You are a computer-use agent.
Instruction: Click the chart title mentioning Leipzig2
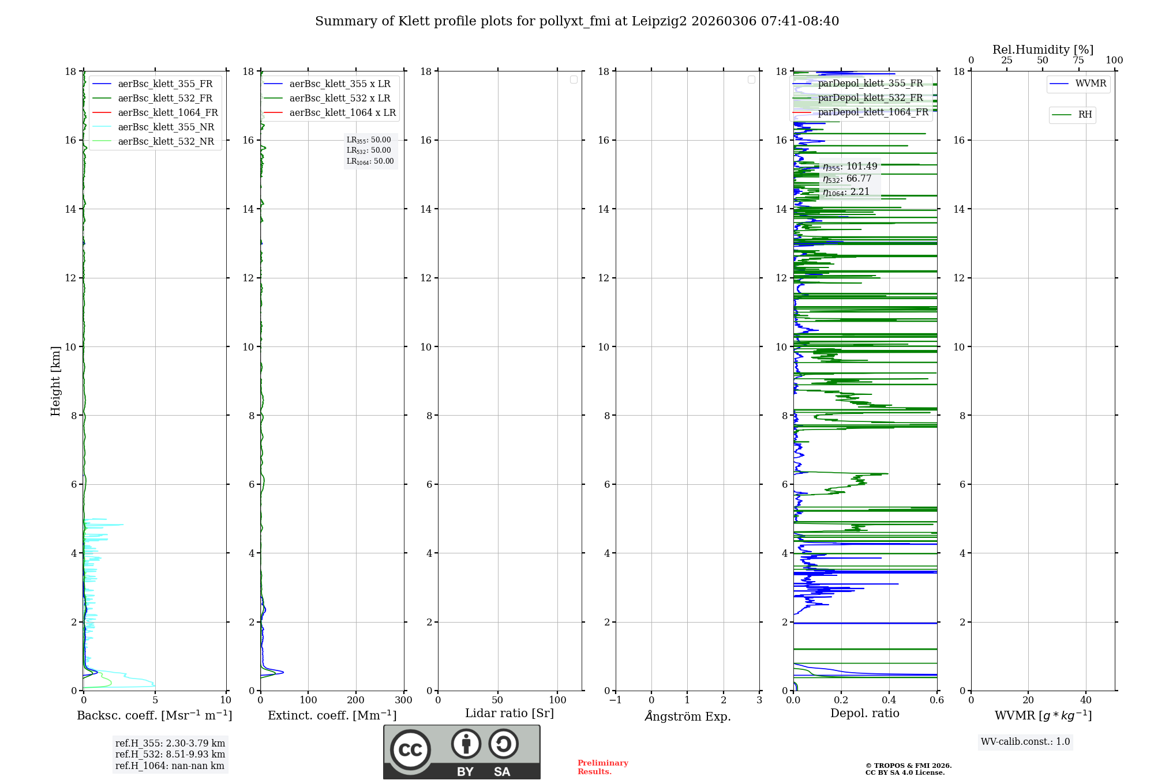click(577, 21)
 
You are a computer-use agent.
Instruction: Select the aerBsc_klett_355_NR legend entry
click(166, 127)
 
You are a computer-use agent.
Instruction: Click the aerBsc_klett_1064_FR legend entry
click(168, 113)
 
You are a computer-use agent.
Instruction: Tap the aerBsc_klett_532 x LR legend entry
click(339, 99)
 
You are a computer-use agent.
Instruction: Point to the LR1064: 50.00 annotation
click(370, 161)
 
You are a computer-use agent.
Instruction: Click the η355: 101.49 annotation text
click(850, 167)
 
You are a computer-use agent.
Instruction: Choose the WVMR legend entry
click(1090, 84)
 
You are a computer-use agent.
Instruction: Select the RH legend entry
click(1084, 115)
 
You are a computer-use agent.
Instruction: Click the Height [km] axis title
click(55, 381)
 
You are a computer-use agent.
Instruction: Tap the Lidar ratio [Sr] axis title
click(509, 714)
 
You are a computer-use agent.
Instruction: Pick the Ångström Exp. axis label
click(687, 717)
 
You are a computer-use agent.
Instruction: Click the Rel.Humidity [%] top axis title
click(1043, 50)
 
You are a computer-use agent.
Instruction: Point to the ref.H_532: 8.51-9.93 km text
click(170, 755)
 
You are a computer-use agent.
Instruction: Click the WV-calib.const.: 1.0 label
click(1025, 742)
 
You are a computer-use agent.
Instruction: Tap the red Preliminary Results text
click(602, 767)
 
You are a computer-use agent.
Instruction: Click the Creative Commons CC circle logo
click(410, 750)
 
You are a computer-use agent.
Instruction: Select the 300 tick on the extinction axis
click(404, 700)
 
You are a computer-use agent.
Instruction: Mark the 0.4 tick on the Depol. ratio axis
click(889, 700)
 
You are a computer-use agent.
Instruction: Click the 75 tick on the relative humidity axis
click(1078, 61)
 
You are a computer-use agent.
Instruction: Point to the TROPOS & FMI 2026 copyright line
click(908, 766)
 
